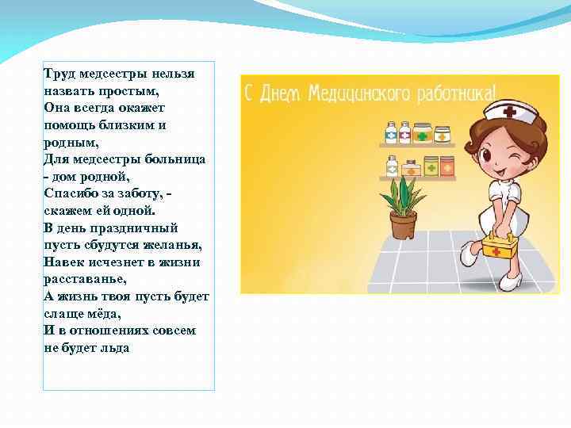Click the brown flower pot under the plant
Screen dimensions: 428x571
(x=403, y=226)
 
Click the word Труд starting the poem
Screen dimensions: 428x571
(x=58, y=74)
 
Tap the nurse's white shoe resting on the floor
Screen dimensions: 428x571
(x=511, y=281)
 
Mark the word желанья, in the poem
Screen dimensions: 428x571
(x=172, y=245)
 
